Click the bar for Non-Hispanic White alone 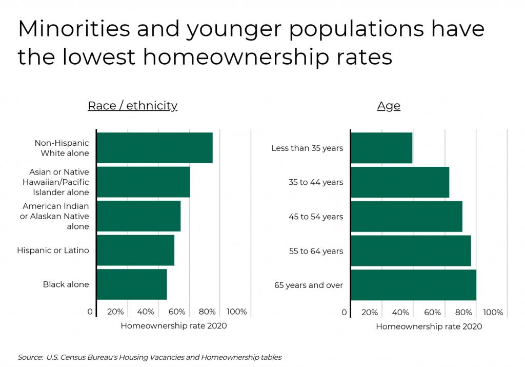click(x=154, y=148)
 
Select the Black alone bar click(x=132, y=284)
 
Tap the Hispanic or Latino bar click(x=135, y=250)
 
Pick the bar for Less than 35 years click(x=381, y=148)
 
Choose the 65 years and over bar click(x=413, y=285)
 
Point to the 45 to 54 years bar click(x=407, y=217)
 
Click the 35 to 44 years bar click(x=400, y=182)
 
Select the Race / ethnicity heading click(x=132, y=106)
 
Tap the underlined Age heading click(x=389, y=106)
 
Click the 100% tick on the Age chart click(x=493, y=312)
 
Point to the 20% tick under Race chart click(x=115, y=312)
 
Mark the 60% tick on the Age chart click(x=433, y=312)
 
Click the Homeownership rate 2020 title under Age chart click(x=429, y=326)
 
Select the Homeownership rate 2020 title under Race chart click(x=173, y=325)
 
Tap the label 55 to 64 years click(x=316, y=251)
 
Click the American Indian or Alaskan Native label click(x=55, y=216)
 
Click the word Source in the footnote click(x=30, y=357)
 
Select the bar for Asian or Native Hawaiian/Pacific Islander click(x=143, y=182)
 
